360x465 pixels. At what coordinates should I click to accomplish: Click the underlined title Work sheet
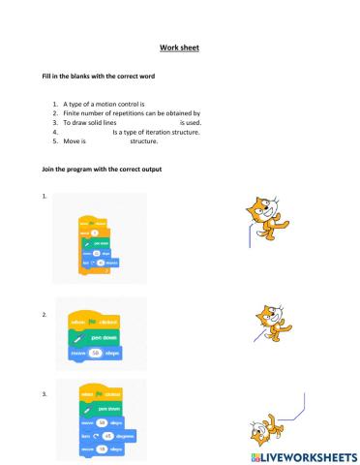179,46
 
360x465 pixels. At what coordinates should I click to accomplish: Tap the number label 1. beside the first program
45,196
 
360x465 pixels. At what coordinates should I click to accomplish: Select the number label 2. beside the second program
45,315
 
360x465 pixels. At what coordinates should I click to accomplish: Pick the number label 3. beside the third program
45,393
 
